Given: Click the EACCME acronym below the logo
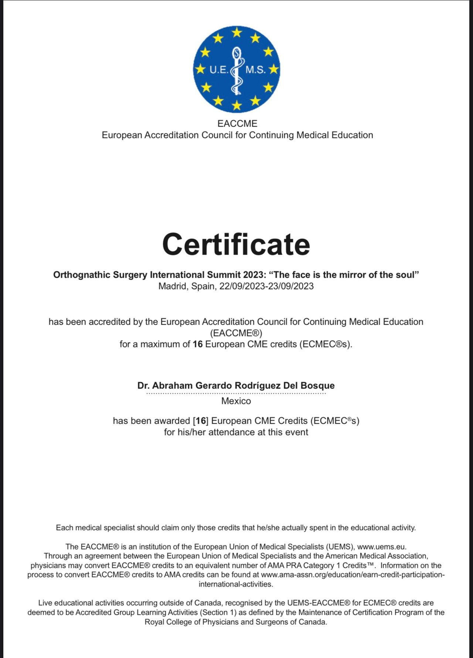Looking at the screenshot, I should pyautogui.click(x=237, y=123).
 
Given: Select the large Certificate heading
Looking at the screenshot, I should pyautogui.click(x=236, y=244).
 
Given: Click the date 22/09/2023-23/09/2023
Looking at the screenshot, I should pyautogui.click(x=266, y=286).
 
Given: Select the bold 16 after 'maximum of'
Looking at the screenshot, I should pyautogui.click(x=198, y=344).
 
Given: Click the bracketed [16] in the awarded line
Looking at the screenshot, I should pyautogui.click(x=201, y=421).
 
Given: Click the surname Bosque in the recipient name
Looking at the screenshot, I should pyautogui.click(x=317, y=385).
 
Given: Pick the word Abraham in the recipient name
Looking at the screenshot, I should pyautogui.click(x=172, y=385).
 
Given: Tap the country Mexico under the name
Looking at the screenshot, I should pyautogui.click(x=236, y=401).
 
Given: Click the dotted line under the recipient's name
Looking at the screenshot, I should pyautogui.click(x=236, y=393).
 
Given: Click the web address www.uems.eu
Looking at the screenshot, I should pyautogui.click(x=381, y=546).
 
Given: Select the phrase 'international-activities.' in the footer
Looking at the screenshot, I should pyautogui.click(x=236, y=584).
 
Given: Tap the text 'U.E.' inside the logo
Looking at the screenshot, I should pyautogui.click(x=219, y=69).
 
